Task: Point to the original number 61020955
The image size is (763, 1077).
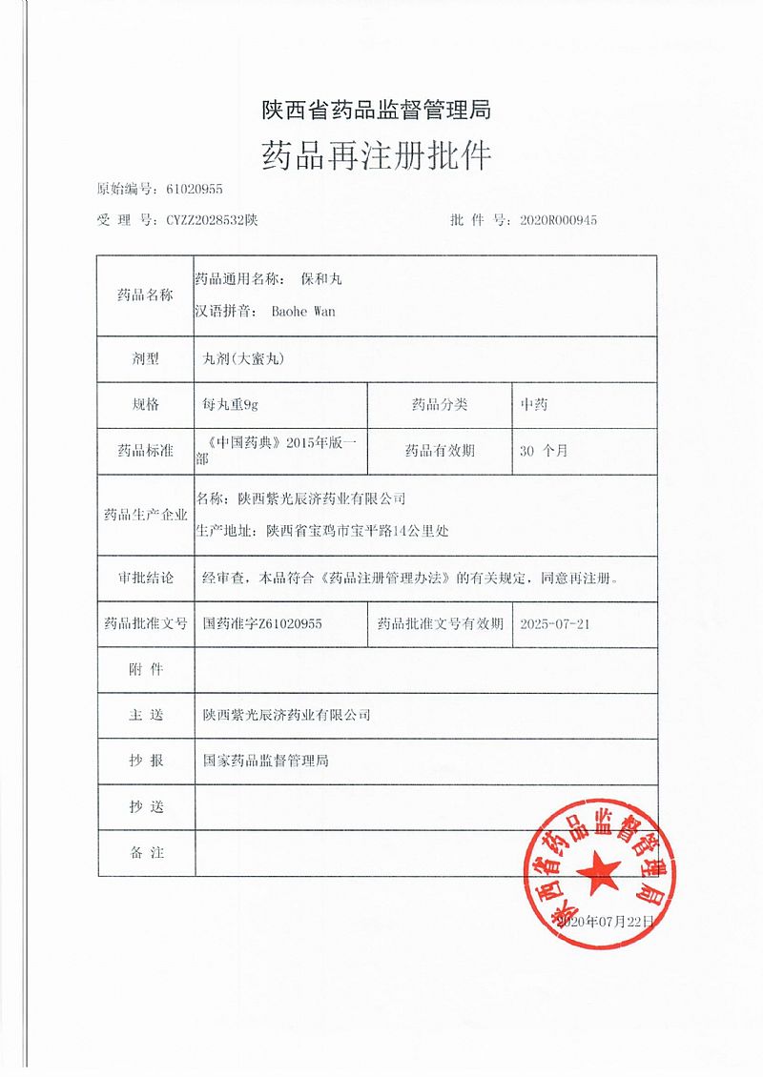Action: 194,190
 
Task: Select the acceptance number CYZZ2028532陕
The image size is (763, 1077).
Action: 212,220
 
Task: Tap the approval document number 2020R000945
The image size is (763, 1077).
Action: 559,220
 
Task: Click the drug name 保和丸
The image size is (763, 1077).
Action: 320,279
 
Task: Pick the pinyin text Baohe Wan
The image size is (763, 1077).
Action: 303,311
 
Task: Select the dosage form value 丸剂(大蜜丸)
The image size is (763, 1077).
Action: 245,359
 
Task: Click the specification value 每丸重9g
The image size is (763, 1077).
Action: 231,405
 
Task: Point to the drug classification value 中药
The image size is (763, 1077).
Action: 534,405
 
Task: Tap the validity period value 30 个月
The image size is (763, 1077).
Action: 544,451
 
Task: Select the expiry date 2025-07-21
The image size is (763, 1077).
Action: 559,623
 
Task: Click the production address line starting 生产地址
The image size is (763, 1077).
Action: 321,531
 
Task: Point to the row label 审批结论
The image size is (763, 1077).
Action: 146,578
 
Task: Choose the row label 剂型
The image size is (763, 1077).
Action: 146,359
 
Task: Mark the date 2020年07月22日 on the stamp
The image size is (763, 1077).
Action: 607,922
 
